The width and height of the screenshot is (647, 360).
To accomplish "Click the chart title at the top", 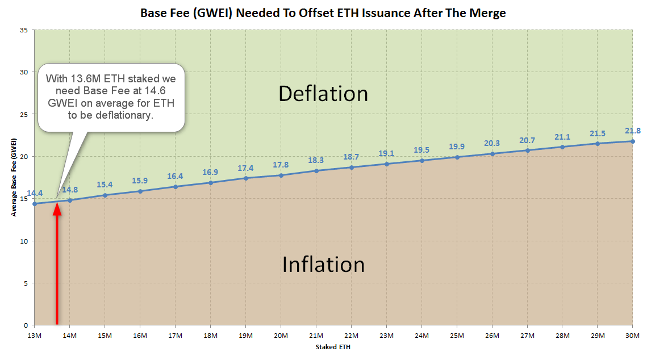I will (323, 12).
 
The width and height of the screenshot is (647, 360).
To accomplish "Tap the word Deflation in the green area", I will (323, 94).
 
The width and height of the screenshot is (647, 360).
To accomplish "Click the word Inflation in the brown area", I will (323, 265).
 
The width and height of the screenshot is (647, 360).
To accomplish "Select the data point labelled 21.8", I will (632, 141).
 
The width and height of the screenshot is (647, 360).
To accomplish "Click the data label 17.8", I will (281, 165).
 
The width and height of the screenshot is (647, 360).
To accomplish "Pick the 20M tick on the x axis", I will (281, 336).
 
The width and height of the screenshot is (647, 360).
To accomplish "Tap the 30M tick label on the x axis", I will (632, 336).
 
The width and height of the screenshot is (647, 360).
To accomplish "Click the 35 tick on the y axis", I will (24, 30).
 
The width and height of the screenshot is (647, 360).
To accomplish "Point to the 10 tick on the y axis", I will (24, 241).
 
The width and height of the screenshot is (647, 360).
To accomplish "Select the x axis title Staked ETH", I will (333, 347).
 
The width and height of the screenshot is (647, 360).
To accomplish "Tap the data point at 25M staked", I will (457, 157).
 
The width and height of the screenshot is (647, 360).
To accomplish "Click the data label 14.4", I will (35, 193).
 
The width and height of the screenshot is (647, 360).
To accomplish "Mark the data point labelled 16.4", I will (175, 187).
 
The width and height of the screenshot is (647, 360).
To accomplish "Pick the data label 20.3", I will (492, 144).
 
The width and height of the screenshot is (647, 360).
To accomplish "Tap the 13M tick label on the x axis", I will (35, 336).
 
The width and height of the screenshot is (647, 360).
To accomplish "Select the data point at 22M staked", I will (351, 168).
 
